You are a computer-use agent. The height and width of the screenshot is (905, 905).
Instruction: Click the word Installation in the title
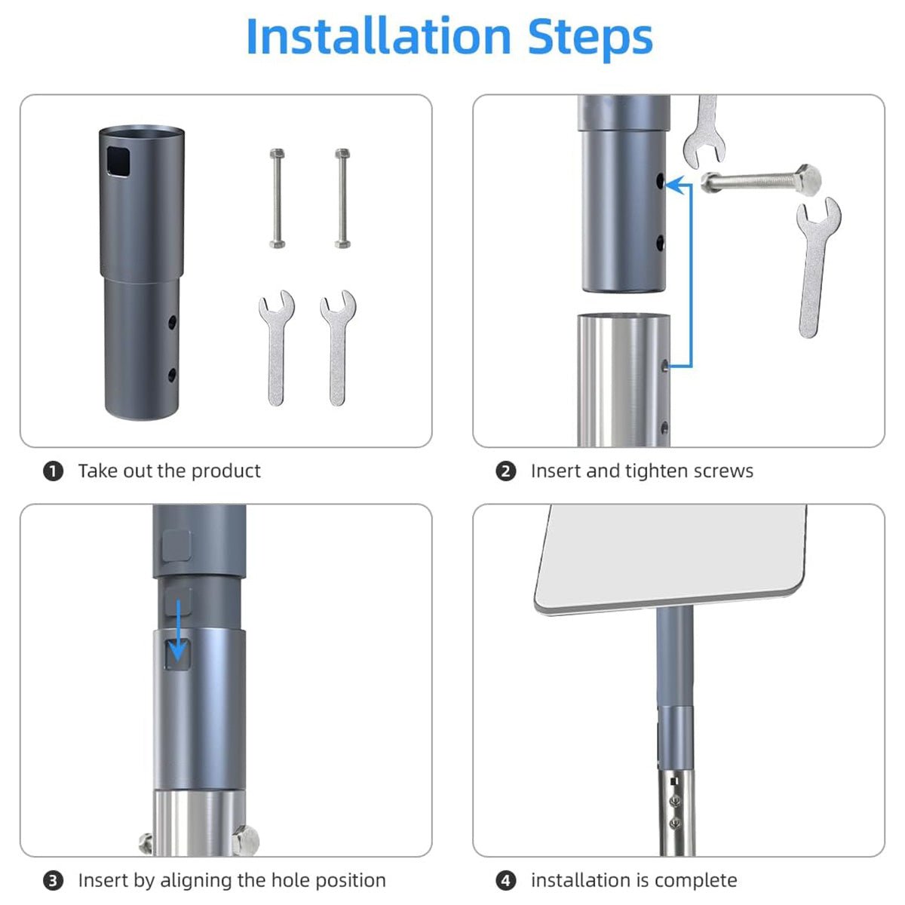point(379,37)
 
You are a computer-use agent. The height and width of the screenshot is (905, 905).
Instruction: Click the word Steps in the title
point(591,39)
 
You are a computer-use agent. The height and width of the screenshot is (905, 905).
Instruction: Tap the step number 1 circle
point(53,471)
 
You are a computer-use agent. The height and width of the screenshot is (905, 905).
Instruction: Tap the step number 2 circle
point(506,471)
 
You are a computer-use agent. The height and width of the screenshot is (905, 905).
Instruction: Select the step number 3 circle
point(53,881)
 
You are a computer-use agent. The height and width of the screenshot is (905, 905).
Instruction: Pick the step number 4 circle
point(506,881)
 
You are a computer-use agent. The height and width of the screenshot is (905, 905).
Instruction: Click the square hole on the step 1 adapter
point(118,161)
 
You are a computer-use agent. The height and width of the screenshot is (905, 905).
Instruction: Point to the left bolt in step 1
point(277,198)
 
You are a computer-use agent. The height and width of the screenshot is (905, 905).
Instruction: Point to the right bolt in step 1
point(342,198)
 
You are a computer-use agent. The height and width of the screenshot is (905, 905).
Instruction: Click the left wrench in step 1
point(276,348)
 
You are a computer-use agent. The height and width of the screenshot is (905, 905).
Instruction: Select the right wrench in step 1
point(338,348)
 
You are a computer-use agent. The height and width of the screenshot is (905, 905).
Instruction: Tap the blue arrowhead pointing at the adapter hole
point(675,185)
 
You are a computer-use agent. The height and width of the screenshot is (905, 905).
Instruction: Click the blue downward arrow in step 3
point(178,630)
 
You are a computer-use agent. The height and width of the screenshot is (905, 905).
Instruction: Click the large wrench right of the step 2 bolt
point(818,268)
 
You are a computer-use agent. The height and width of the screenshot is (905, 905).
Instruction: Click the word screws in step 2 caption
point(723,471)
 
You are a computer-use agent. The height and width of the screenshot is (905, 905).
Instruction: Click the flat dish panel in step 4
point(670,558)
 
